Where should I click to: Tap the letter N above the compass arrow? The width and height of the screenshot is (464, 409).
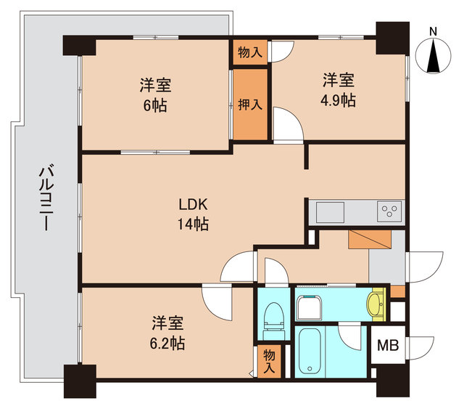tap(433, 31)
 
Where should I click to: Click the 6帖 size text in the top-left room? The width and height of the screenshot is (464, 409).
tap(155, 105)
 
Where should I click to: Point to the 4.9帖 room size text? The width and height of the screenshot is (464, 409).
tap(339, 100)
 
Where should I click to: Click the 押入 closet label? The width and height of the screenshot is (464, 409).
tap(250, 105)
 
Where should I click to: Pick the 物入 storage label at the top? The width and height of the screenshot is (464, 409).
tap(250, 52)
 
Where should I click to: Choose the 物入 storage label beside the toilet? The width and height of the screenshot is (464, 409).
tap(269, 361)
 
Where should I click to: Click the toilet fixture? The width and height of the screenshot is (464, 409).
tap(273, 318)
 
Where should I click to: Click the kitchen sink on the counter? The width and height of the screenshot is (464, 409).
tap(331, 212)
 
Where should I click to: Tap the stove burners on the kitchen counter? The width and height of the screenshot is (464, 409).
tap(388, 211)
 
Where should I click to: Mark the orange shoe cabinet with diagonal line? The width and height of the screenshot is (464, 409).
tap(369, 240)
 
